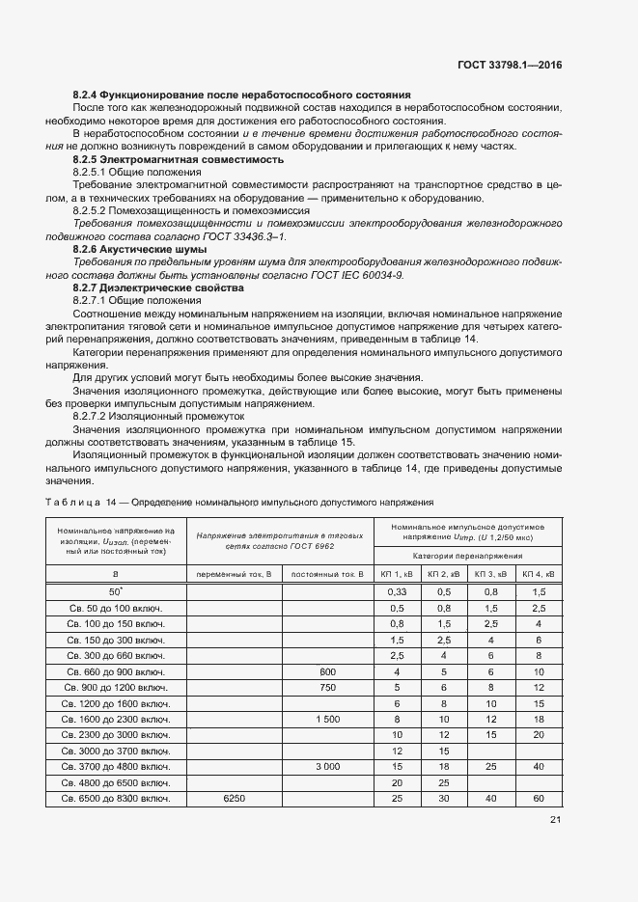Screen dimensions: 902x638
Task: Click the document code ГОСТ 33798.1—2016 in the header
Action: pos(509,65)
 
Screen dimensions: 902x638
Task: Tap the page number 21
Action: pos(555,820)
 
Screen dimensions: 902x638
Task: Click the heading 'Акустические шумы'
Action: pos(153,249)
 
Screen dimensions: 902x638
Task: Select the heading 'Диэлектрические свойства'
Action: pos(168,287)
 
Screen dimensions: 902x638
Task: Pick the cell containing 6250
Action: pos(234,799)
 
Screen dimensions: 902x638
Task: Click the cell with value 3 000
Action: pos(328,766)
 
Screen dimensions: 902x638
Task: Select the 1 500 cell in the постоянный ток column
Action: pos(328,719)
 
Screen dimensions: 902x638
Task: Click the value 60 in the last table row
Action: pos(539,799)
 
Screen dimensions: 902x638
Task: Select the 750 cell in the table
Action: pos(328,687)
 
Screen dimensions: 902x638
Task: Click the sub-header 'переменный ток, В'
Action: pos(234,574)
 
